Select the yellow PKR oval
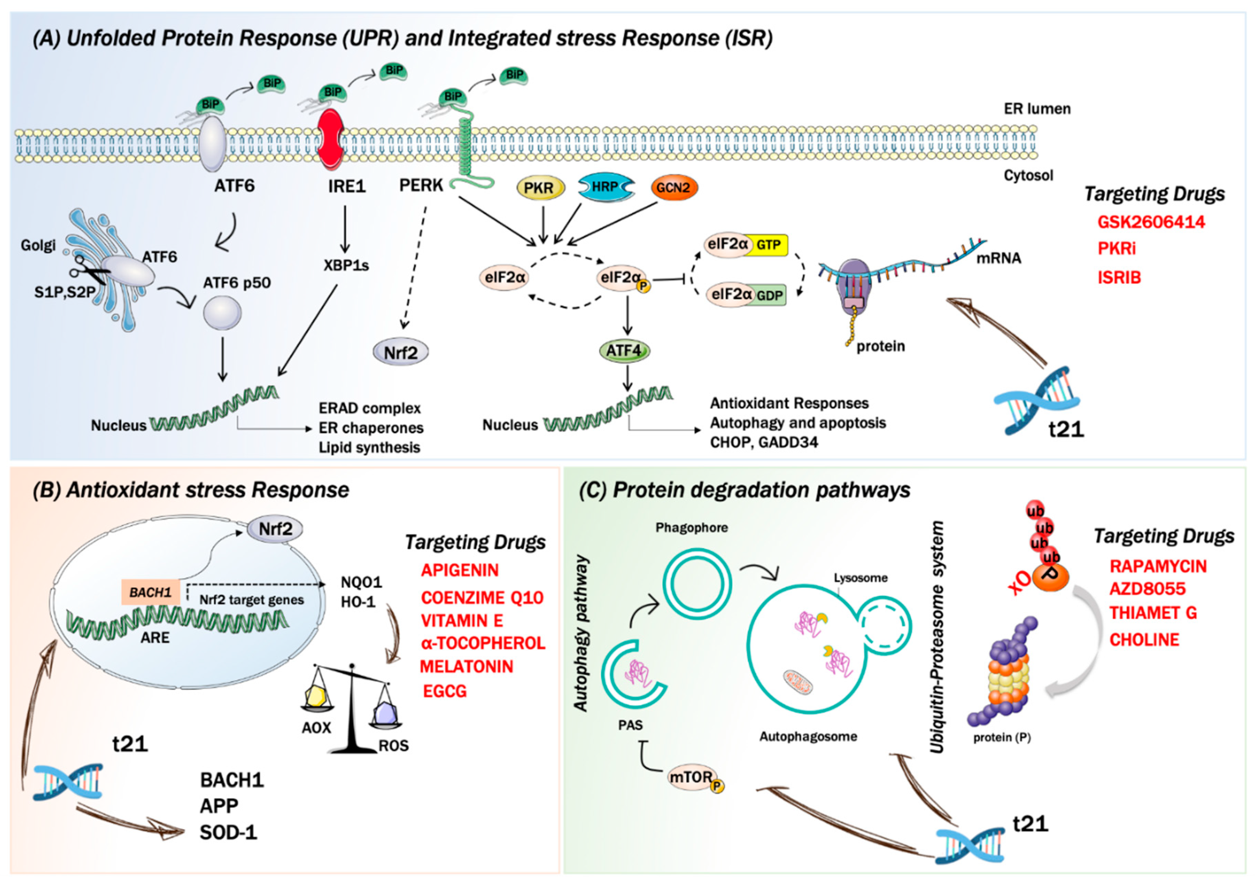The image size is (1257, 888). coord(539,188)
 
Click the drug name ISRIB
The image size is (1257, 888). coord(1119,278)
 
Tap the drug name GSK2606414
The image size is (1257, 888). coord(1151,222)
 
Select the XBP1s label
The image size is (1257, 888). coord(346,266)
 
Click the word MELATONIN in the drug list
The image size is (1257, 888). coord(466,667)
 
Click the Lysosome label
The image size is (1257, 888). coord(861,578)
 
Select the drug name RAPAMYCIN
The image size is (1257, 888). coord(1158,566)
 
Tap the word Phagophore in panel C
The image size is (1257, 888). coord(691,527)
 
